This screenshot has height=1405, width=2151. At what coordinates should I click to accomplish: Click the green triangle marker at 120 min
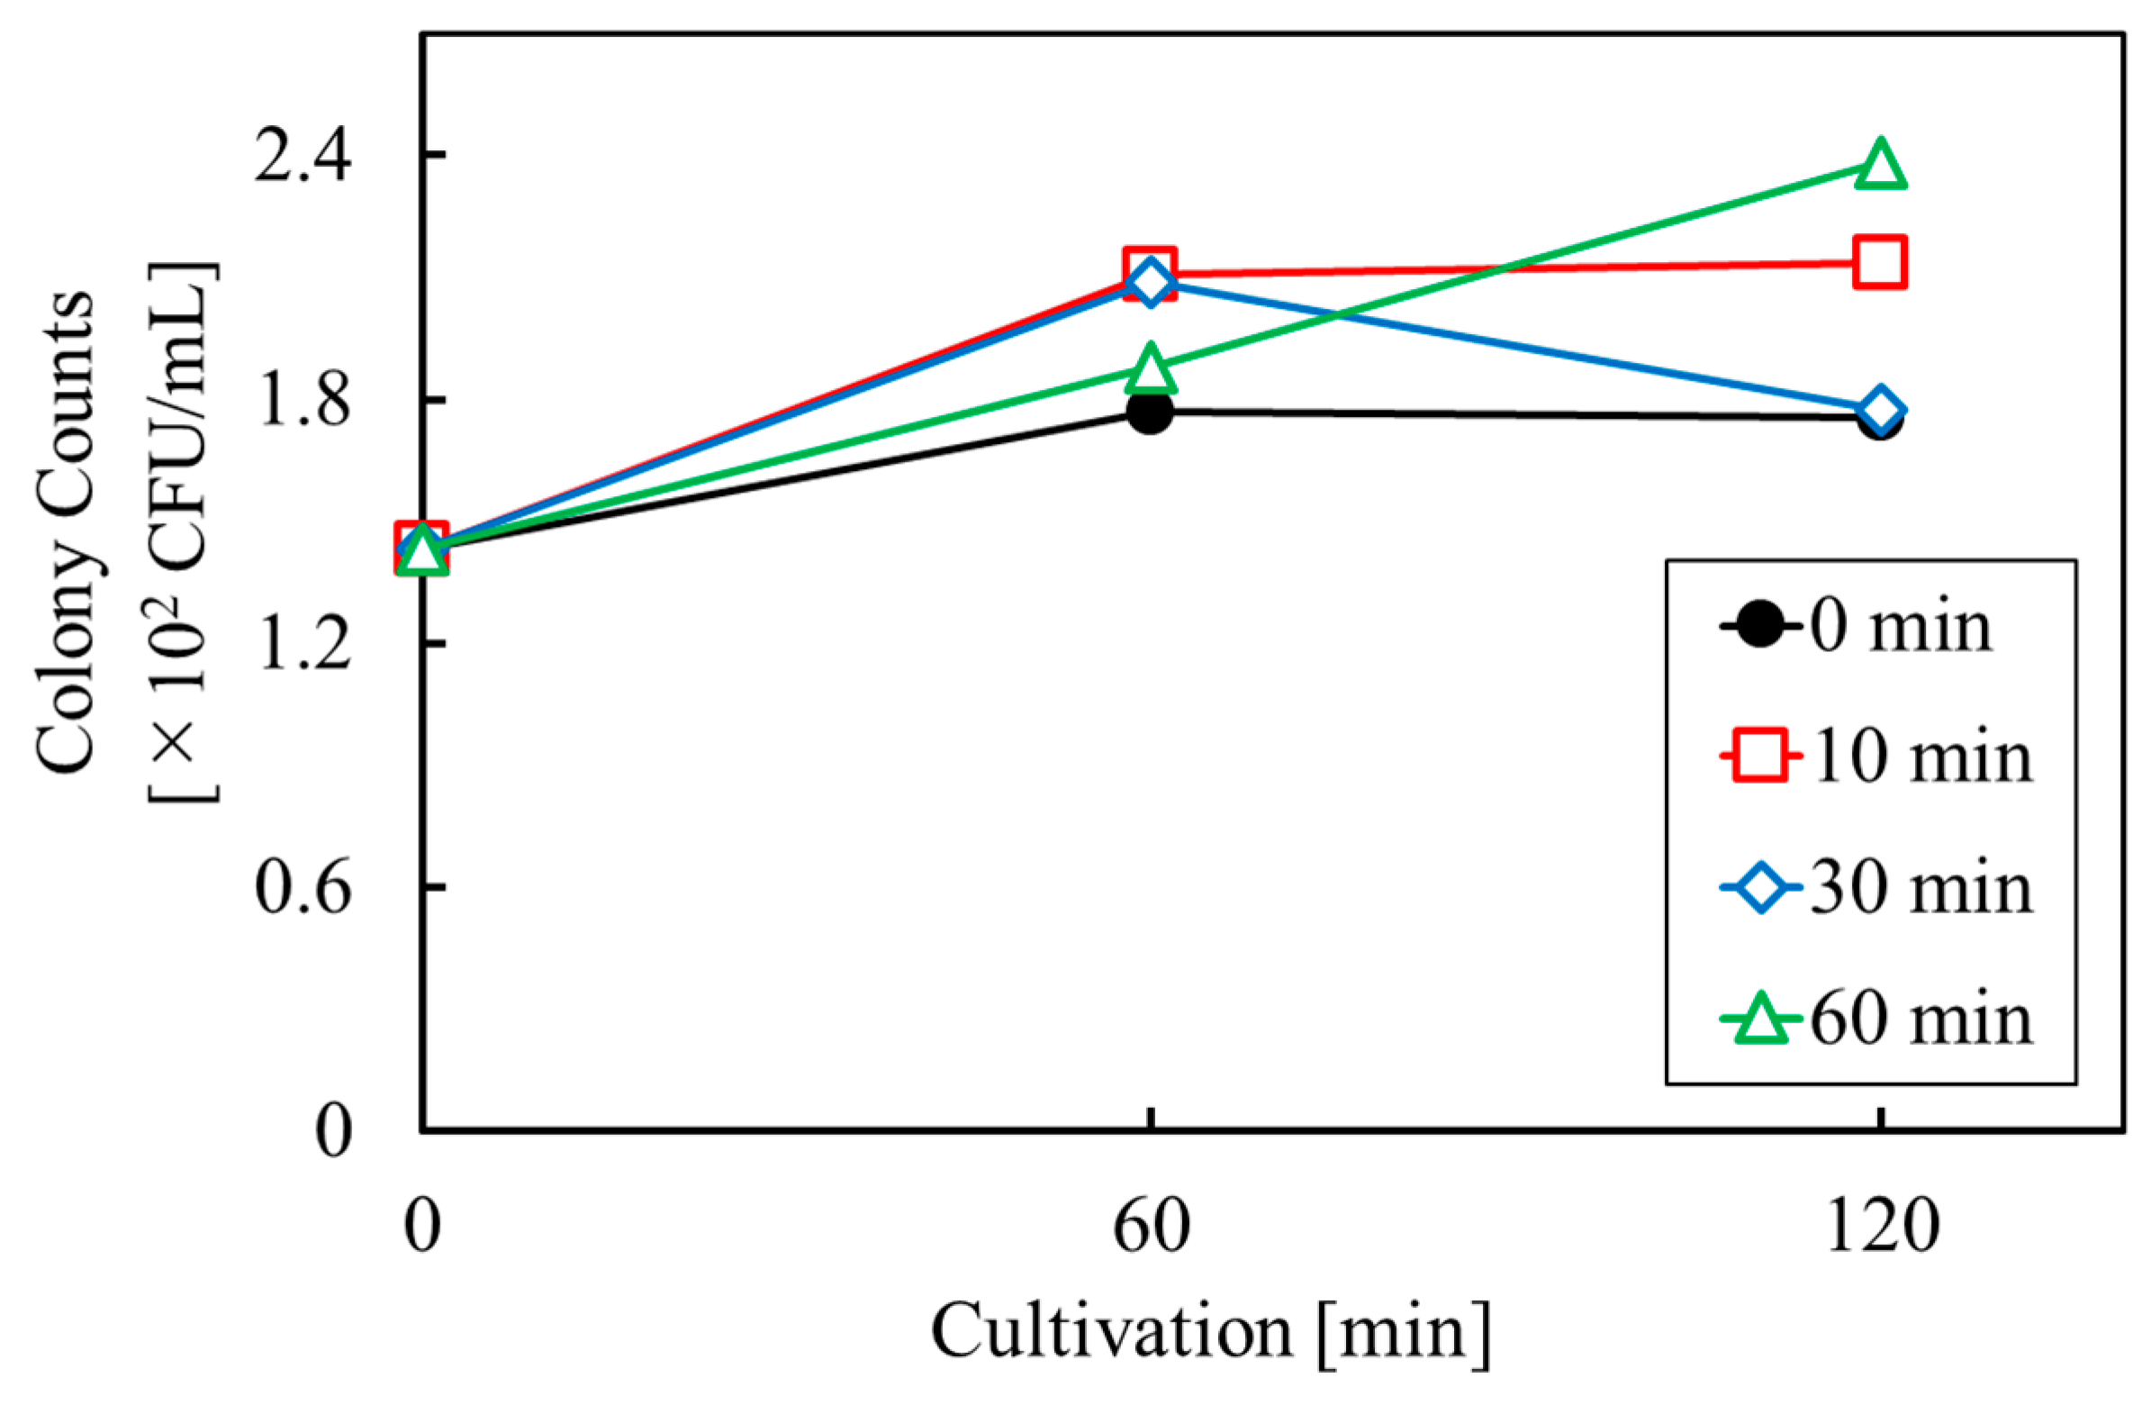(1880, 168)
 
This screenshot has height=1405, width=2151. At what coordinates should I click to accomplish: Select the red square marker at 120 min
(1880, 262)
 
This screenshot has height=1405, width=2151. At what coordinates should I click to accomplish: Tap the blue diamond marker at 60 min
(1150, 283)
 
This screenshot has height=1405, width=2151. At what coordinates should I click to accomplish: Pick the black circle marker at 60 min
(1150, 412)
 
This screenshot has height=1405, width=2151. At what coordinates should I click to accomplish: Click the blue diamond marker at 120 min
(1880, 410)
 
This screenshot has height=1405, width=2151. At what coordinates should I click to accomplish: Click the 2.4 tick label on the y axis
(302, 156)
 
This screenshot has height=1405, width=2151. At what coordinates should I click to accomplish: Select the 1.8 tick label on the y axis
(302, 401)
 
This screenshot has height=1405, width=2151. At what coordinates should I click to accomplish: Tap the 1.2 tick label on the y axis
(302, 645)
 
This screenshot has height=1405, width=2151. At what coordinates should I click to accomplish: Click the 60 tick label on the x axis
(1151, 1227)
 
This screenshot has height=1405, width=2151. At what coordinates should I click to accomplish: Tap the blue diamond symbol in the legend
(1760, 889)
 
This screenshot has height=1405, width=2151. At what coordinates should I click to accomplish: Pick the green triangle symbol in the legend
(1760, 1020)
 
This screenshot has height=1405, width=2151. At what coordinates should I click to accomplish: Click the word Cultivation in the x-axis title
(1112, 1333)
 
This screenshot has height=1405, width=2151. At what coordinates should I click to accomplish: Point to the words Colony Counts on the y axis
(65, 533)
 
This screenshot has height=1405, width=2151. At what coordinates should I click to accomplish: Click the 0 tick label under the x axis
(422, 1227)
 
